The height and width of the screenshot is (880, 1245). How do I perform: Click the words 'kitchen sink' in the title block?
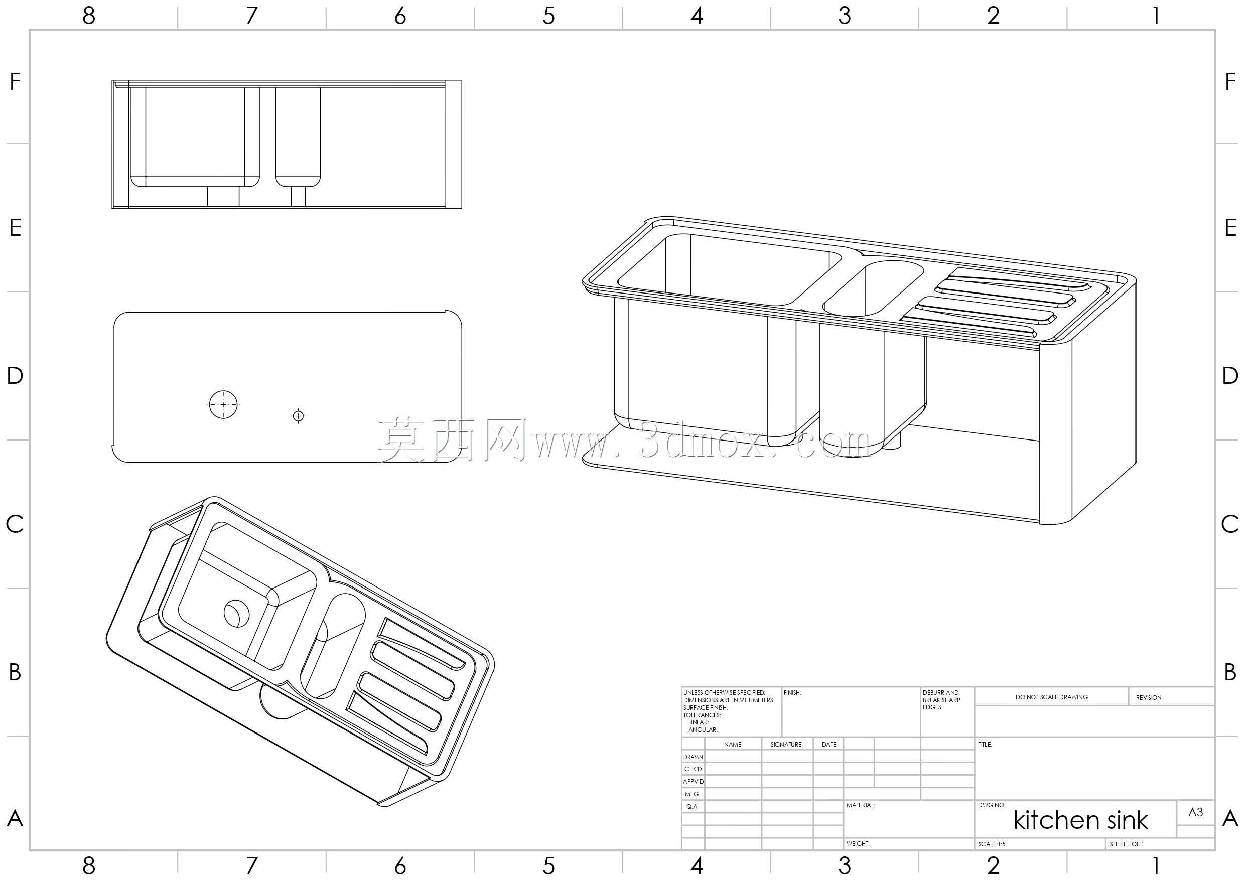point(1080,820)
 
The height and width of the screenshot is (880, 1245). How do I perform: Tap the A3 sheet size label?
point(1196,812)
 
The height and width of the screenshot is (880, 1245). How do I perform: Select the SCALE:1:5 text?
point(992,844)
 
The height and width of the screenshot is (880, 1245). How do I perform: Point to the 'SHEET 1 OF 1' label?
point(1127,844)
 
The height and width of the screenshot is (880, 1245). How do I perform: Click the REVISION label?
point(1149,697)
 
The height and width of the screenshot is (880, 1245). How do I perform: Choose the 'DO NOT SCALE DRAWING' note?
point(1051,697)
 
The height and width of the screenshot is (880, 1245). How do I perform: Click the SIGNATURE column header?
point(786,745)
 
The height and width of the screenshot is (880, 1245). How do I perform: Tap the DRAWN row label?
point(693,757)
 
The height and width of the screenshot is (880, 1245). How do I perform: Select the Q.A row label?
point(692,807)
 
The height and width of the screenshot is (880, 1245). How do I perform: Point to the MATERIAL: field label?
point(861,805)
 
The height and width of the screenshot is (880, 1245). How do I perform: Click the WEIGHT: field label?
point(858,844)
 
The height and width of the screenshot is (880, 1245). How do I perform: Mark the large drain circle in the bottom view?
point(223,404)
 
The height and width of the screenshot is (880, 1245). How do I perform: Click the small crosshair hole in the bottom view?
point(298,416)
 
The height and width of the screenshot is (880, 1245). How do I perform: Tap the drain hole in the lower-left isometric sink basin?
point(237,613)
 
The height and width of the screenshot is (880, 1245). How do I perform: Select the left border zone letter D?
point(15,376)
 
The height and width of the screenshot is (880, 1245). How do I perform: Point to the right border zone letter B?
point(1230,672)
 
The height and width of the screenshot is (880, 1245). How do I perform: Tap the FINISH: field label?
point(792,693)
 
